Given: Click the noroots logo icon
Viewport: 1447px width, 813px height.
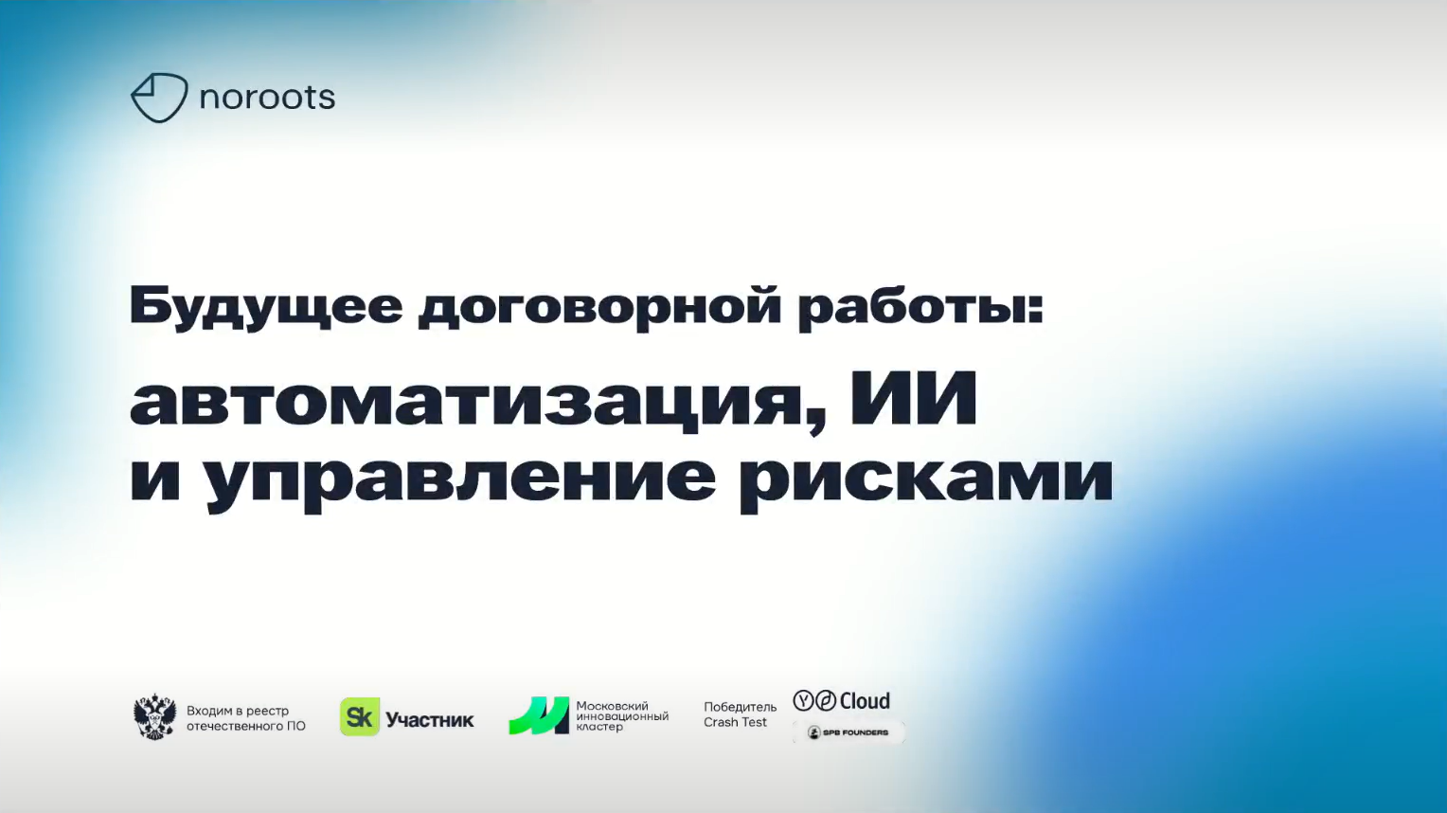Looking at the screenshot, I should coord(158,98).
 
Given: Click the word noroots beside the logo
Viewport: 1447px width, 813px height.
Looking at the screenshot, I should coord(267,98).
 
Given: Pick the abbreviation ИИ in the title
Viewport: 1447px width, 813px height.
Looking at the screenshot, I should coord(913,398).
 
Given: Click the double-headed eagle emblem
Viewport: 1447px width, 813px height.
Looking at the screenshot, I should coord(154,717).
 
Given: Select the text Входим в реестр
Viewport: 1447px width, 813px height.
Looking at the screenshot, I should coord(238,711).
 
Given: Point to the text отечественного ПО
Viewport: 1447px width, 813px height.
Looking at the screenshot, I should coord(246,727).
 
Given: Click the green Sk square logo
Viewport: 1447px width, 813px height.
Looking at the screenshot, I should coord(359,717).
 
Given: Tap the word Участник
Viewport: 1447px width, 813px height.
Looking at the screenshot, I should coord(430,720).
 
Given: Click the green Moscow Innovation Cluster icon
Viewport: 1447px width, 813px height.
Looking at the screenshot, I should coord(539,716).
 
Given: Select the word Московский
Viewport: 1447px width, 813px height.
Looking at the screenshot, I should coord(612,706).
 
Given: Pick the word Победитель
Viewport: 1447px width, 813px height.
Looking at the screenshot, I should coord(740,707).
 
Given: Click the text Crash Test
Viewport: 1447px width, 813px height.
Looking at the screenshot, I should coord(735,723).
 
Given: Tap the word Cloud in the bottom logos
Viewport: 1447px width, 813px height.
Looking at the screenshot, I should coord(865,701).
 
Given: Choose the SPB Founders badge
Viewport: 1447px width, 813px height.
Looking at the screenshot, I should coord(849,732).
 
